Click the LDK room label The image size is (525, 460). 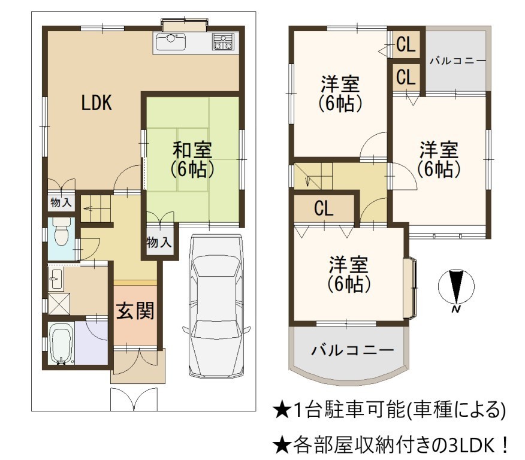coord(96,102)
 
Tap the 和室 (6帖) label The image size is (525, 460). coord(192,160)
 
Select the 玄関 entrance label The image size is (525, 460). coord(135,310)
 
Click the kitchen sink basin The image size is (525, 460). coord(170,42)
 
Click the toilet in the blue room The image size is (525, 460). coord(62,231)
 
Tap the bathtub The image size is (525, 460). coord(61,343)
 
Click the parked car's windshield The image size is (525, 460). coord(216,268)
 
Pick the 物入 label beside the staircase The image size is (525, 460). coord(61,202)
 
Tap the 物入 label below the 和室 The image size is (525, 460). coord(159,242)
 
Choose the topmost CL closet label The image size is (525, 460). coord(406,44)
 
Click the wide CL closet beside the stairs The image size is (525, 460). coord(324,208)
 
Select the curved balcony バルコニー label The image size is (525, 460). coord(352,350)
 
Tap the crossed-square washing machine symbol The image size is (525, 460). coord(59,304)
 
